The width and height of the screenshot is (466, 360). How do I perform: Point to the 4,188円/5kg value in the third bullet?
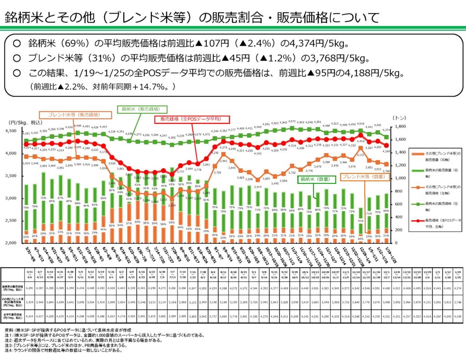click(x=384, y=73)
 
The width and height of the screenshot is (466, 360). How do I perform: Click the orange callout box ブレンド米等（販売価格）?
click(x=76, y=115)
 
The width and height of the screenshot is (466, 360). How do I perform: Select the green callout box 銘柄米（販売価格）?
click(x=142, y=110)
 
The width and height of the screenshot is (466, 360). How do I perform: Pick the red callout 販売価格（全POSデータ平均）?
click(x=190, y=119)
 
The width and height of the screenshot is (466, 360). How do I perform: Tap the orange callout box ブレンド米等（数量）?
click(x=362, y=176)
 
